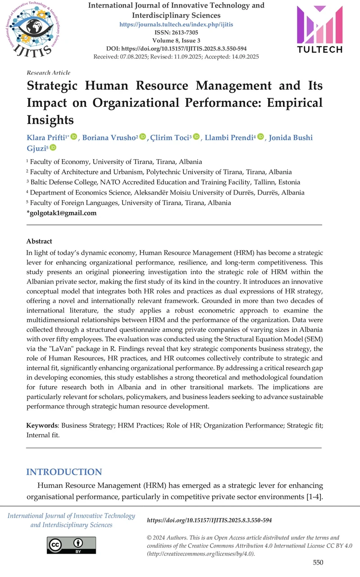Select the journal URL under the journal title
point(176,23)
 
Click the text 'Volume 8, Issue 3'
point(176,40)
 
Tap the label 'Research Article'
point(49,73)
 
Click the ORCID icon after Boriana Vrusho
point(143,137)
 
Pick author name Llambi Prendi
point(229,137)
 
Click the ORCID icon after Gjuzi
point(53,148)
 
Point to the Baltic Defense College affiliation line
point(162,182)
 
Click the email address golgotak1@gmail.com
point(63,213)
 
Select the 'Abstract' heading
point(39,241)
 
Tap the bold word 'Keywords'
point(42,425)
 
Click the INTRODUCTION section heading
point(64,472)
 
